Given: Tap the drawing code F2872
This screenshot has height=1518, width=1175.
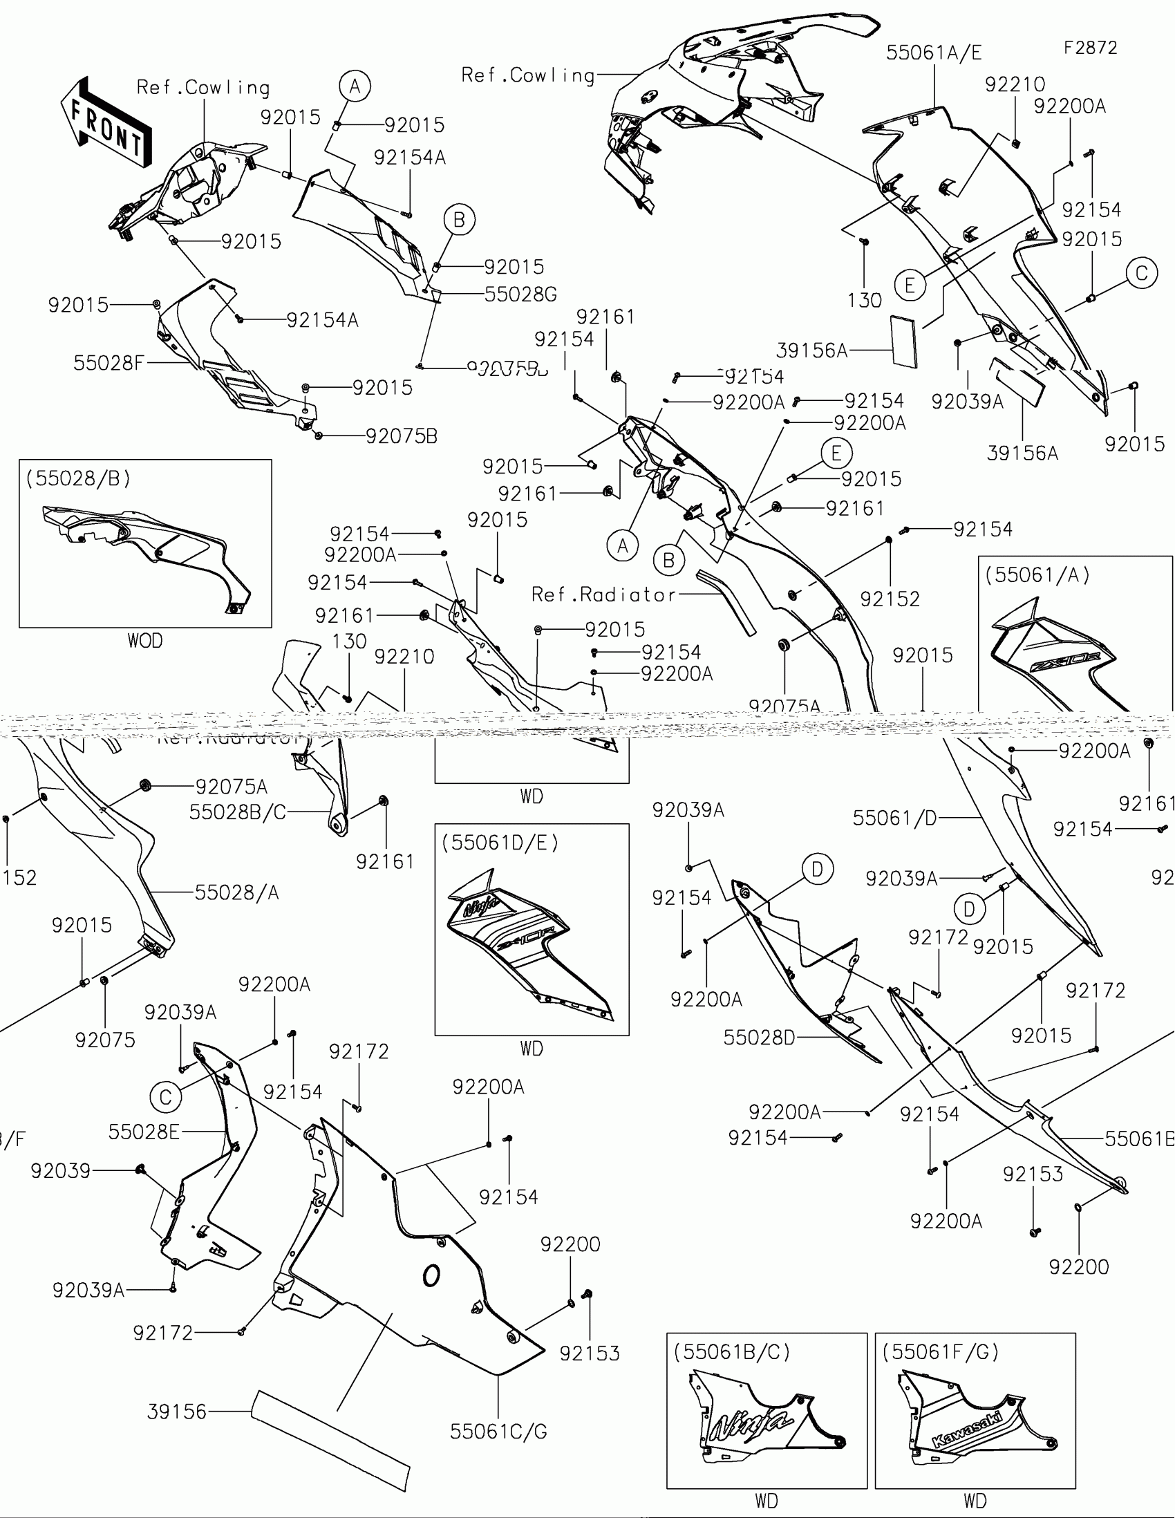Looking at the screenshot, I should (x=1090, y=48).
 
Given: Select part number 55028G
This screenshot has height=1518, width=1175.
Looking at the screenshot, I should (x=520, y=294).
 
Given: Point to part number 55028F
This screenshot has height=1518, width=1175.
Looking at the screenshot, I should (x=109, y=363).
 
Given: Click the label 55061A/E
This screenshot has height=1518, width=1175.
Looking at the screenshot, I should (x=934, y=53).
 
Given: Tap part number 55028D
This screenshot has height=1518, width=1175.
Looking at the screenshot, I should (x=759, y=1038).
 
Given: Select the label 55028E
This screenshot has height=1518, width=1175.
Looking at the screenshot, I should (x=144, y=1132).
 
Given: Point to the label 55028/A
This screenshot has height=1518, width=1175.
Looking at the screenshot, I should (x=236, y=892).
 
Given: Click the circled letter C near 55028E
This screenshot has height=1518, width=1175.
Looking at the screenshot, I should (x=165, y=1098).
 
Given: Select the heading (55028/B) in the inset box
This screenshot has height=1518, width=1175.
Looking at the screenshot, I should (x=78, y=478).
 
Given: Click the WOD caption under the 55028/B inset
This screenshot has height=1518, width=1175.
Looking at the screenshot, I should (x=144, y=640).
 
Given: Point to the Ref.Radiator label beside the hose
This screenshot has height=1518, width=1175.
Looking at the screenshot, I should (x=604, y=594).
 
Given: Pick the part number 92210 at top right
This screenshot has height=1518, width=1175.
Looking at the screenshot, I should (x=1015, y=84).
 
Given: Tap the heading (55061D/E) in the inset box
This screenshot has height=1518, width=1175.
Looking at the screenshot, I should (x=500, y=843).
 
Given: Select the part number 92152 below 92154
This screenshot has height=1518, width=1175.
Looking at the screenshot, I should (x=890, y=599).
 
